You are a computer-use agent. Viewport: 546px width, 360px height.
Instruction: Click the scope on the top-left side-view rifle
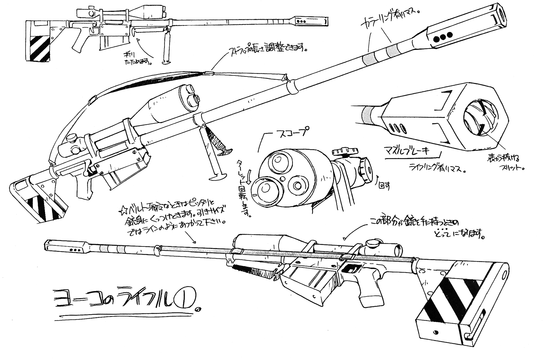tap(112, 13)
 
